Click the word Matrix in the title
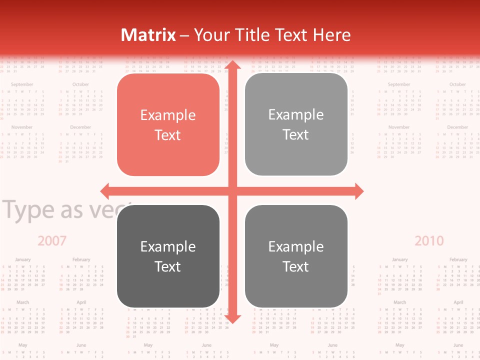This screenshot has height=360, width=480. click(x=148, y=35)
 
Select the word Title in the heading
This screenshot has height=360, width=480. click(x=255, y=35)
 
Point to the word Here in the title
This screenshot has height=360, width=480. click(x=332, y=35)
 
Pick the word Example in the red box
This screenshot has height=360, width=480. click(x=168, y=115)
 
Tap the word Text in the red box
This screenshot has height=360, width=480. click(x=168, y=135)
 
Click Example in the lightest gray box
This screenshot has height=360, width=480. click(x=296, y=115)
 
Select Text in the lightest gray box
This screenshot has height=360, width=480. click(x=296, y=134)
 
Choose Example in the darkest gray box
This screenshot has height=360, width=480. click(x=168, y=246)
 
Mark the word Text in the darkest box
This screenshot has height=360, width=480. click(x=168, y=266)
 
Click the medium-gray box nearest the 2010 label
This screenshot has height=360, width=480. click(x=296, y=256)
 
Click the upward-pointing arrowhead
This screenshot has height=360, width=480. click(x=232, y=66)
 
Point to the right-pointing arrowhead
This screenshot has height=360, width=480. click(x=358, y=191)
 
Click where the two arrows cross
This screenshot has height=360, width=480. click(x=232, y=191)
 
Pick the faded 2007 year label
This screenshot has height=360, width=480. click(x=52, y=241)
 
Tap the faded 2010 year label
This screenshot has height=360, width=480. click(x=429, y=241)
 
